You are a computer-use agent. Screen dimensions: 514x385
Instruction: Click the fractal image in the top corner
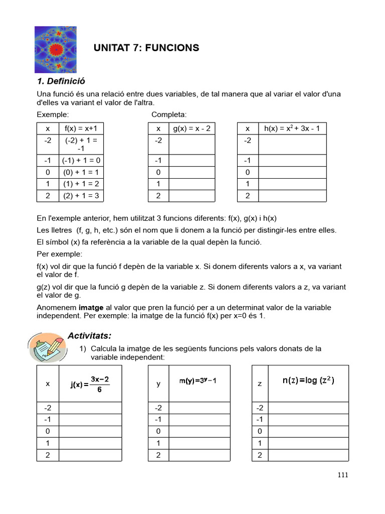coord(56,49)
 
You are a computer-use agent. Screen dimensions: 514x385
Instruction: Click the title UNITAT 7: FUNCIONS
coord(146,48)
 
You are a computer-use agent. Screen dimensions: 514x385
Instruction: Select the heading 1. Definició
coord(61,81)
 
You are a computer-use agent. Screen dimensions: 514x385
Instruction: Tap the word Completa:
coord(169,114)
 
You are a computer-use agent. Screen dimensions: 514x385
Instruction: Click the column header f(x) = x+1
coord(81,128)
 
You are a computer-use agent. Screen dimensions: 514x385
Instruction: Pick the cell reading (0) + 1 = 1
coord(81,172)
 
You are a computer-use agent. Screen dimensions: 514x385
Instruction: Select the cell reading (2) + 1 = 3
coord(81,196)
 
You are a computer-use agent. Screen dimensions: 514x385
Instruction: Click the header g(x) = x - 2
coord(191,128)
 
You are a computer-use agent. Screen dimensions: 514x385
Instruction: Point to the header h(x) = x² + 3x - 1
coord(292,128)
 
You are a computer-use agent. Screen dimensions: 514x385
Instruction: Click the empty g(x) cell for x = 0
coord(191,172)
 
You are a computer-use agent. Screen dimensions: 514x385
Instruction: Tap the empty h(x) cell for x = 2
coord(292,196)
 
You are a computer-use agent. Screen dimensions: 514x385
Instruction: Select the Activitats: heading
coord(89,335)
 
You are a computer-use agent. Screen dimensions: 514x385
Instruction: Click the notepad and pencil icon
coord(46,348)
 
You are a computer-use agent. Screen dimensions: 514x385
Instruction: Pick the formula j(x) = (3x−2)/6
coord(90,384)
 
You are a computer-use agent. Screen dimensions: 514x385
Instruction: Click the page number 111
coord(342,475)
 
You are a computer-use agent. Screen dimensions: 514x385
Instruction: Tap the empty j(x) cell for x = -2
coord(90,408)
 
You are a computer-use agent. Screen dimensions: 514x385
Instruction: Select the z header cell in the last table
coord(260,383)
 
